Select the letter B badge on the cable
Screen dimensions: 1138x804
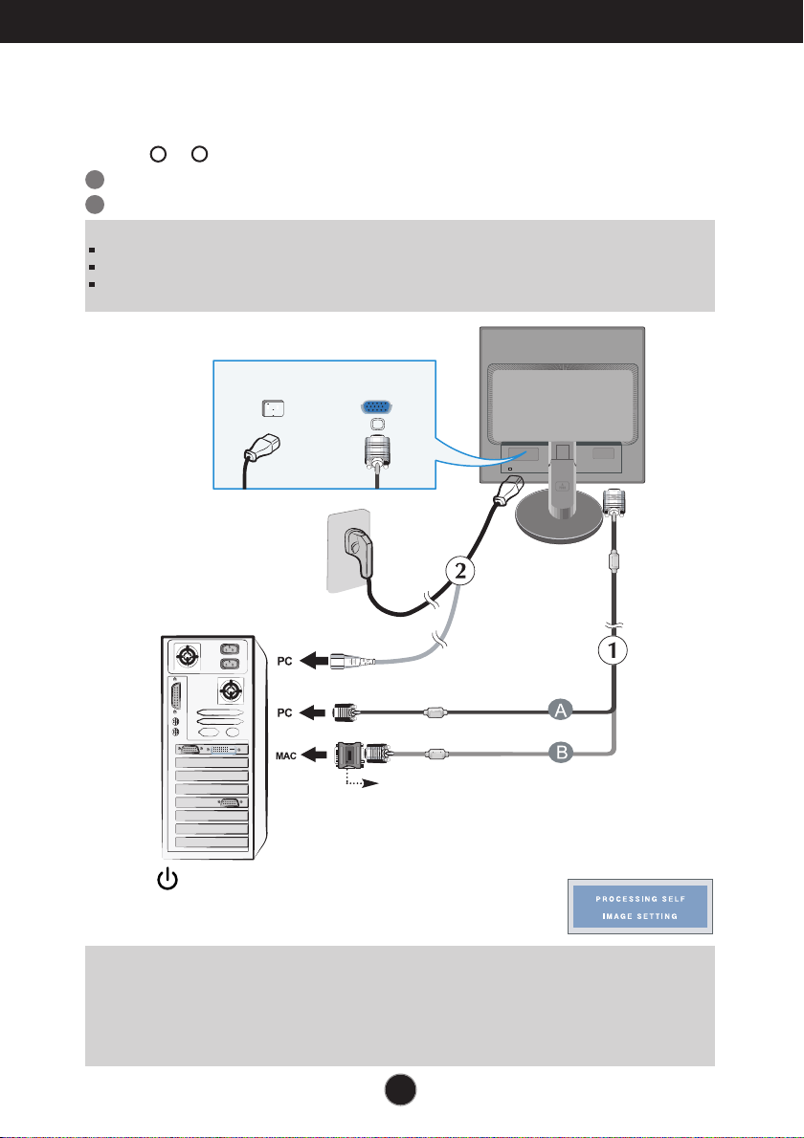click(560, 752)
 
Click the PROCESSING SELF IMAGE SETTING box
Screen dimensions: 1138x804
click(637, 908)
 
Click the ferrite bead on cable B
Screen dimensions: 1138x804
click(436, 754)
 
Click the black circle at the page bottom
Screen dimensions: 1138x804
click(401, 1093)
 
